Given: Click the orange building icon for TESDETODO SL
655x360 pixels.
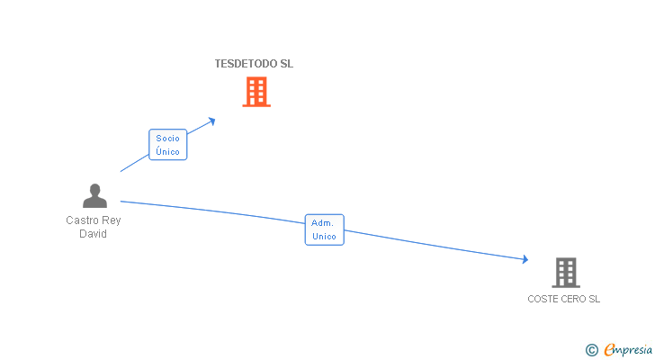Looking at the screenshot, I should pos(256,92).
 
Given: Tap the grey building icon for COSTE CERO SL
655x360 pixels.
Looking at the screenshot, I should pos(565,272).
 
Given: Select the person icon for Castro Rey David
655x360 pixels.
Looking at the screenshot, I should pos(94,196).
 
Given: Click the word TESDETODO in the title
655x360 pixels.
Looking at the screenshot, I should pos(240,64).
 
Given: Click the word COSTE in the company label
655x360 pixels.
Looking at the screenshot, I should pos(543,299).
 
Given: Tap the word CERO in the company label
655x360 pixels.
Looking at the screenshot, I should pos(573,299).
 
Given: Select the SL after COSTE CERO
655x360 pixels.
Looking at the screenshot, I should pos(594,299).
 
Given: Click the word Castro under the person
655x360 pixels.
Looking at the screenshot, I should pos(82,220).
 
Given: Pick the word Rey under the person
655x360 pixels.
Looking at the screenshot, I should pos(111,220).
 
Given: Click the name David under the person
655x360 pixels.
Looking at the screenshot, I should pos(93,234).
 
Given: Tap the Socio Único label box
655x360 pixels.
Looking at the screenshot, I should pos(167,145).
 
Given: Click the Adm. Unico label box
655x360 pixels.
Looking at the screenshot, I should pos(324,229).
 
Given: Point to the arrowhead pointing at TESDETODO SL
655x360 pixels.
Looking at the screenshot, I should pos(212,120).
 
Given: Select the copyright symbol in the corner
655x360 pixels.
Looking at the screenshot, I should pos(592,349).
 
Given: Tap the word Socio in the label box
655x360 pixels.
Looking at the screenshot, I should pos(167,139).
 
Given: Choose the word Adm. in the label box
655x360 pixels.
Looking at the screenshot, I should pos(324,222).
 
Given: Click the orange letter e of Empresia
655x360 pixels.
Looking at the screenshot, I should pos(610,349).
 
